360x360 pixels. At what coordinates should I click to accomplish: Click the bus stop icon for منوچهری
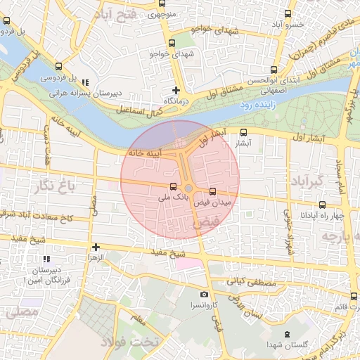(163, 4)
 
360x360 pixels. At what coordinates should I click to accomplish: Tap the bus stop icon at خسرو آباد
(288, 13)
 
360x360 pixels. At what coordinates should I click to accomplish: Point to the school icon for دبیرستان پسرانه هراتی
(86, 82)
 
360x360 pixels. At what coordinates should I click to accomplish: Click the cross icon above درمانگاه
(176, 90)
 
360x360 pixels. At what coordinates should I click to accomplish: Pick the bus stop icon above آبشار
(244, 131)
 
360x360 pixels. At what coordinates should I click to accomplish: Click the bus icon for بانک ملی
(173, 187)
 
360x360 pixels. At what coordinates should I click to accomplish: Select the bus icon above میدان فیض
(213, 191)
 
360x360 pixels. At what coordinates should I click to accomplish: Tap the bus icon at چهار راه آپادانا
(322, 205)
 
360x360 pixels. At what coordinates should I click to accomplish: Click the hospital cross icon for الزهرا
(96, 247)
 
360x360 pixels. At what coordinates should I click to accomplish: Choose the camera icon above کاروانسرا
(204, 295)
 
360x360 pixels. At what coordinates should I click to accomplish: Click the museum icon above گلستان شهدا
(286, 334)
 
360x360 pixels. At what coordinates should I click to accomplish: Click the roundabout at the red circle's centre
(188, 188)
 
